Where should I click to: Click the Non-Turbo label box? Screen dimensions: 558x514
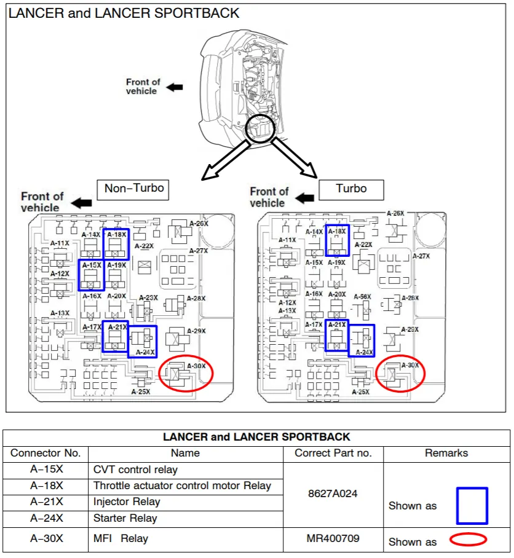[134, 189]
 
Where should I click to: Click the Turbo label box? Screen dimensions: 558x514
[351, 189]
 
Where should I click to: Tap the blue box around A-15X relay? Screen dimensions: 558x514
[92, 275]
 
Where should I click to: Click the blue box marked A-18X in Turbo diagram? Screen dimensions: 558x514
[337, 240]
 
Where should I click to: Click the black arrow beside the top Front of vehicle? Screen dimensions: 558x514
[175, 87]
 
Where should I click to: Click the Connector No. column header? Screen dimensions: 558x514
[46, 454]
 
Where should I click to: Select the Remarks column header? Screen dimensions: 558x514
[446, 454]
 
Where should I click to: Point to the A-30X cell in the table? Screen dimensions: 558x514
[46, 539]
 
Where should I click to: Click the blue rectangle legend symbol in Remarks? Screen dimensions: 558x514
[472, 506]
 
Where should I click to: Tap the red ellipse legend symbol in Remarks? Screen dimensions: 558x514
[468, 540]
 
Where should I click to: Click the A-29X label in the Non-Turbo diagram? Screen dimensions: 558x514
[196, 331]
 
